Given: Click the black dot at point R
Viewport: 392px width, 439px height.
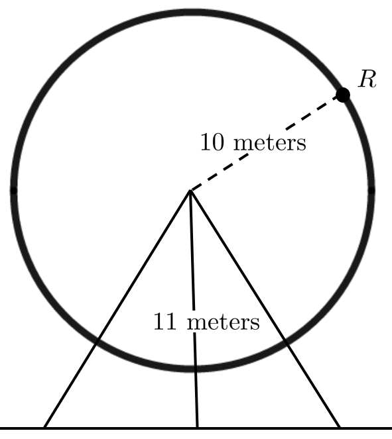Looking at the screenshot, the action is point(343,95).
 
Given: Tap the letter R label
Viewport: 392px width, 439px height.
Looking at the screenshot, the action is point(367,79).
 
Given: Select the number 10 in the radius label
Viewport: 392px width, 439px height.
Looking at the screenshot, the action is point(212,142).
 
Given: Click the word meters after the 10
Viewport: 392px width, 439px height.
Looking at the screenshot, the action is point(270,143).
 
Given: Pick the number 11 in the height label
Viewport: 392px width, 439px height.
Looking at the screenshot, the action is point(165,321).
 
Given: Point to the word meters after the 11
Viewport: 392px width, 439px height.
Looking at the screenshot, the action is point(224,322).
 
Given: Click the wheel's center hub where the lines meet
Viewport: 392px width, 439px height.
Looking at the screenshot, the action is point(190,191).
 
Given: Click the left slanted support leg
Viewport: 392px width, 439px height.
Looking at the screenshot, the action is point(117,309).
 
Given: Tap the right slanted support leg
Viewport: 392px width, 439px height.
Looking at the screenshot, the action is point(265,309).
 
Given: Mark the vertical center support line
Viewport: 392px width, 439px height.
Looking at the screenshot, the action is point(194,309).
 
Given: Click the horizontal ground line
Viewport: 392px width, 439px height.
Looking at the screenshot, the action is point(196,428).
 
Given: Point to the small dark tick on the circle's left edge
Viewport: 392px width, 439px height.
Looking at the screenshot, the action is point(14,191).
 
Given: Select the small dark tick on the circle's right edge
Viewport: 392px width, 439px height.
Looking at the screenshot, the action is point(371,191).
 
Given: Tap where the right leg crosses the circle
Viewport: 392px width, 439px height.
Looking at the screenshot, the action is point(285,342).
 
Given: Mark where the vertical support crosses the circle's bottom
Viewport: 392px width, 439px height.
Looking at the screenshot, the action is point(195,369).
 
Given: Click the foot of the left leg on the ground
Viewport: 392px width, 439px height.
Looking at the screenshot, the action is point(45,427).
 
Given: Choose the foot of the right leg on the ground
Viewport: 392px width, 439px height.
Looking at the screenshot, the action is point(340,427).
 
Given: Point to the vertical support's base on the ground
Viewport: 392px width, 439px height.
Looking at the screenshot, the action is point(197,427).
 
